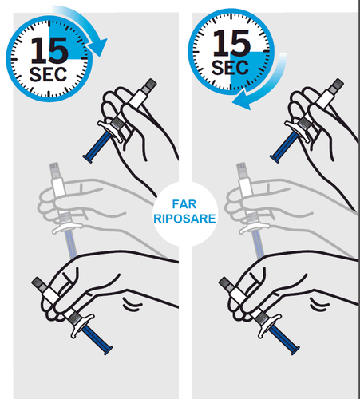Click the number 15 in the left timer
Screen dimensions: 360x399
(49, 50)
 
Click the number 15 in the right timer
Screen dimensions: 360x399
(231, 43)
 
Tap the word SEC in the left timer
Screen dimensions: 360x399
(48, 74)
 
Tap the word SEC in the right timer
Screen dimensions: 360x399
(230, 68)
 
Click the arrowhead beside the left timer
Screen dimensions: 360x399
(97, 47)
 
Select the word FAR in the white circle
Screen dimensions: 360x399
(184, 204)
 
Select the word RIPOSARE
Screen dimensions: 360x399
(184, 219)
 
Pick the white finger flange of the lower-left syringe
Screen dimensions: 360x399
(82, 325)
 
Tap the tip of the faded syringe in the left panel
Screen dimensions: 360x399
(54, 164)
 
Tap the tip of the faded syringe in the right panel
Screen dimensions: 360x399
(241, 164)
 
